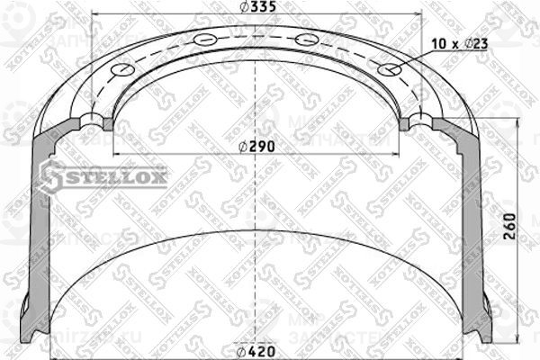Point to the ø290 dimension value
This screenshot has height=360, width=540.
coord(257,147)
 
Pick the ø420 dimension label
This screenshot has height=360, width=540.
coord(256,351)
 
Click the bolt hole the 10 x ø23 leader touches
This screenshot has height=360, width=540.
coord(388,69)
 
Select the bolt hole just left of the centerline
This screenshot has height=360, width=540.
coord(205,40)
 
